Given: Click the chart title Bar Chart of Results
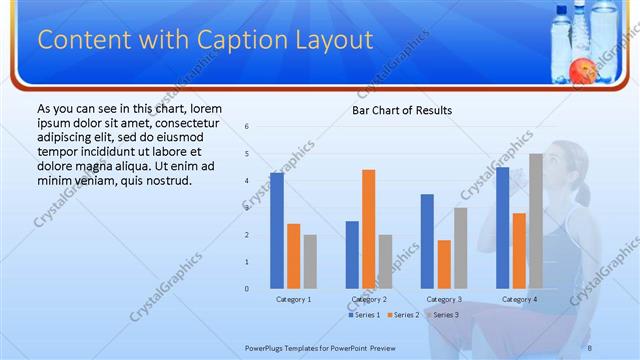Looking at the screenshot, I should click(401, 110).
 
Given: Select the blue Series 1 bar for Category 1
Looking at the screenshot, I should click(276, 230).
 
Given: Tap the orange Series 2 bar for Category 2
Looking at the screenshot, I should click(369, 228).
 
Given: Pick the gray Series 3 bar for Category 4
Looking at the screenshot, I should click(536, 220).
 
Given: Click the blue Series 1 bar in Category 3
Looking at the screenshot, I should click(427, 241).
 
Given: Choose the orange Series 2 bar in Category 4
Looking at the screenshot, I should click(519, 250).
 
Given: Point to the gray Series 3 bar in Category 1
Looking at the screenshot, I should click(310, 261).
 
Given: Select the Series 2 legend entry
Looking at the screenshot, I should click(403, 315).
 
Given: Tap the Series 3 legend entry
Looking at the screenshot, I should click(443, 315).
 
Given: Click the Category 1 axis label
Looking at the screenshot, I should click(294, 299).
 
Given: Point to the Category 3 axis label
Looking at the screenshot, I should click(444, 299).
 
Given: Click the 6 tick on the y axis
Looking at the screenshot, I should click(247, 127).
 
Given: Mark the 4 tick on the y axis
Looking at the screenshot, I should click(247, 181).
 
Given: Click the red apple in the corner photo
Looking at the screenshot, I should click(579, 70).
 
